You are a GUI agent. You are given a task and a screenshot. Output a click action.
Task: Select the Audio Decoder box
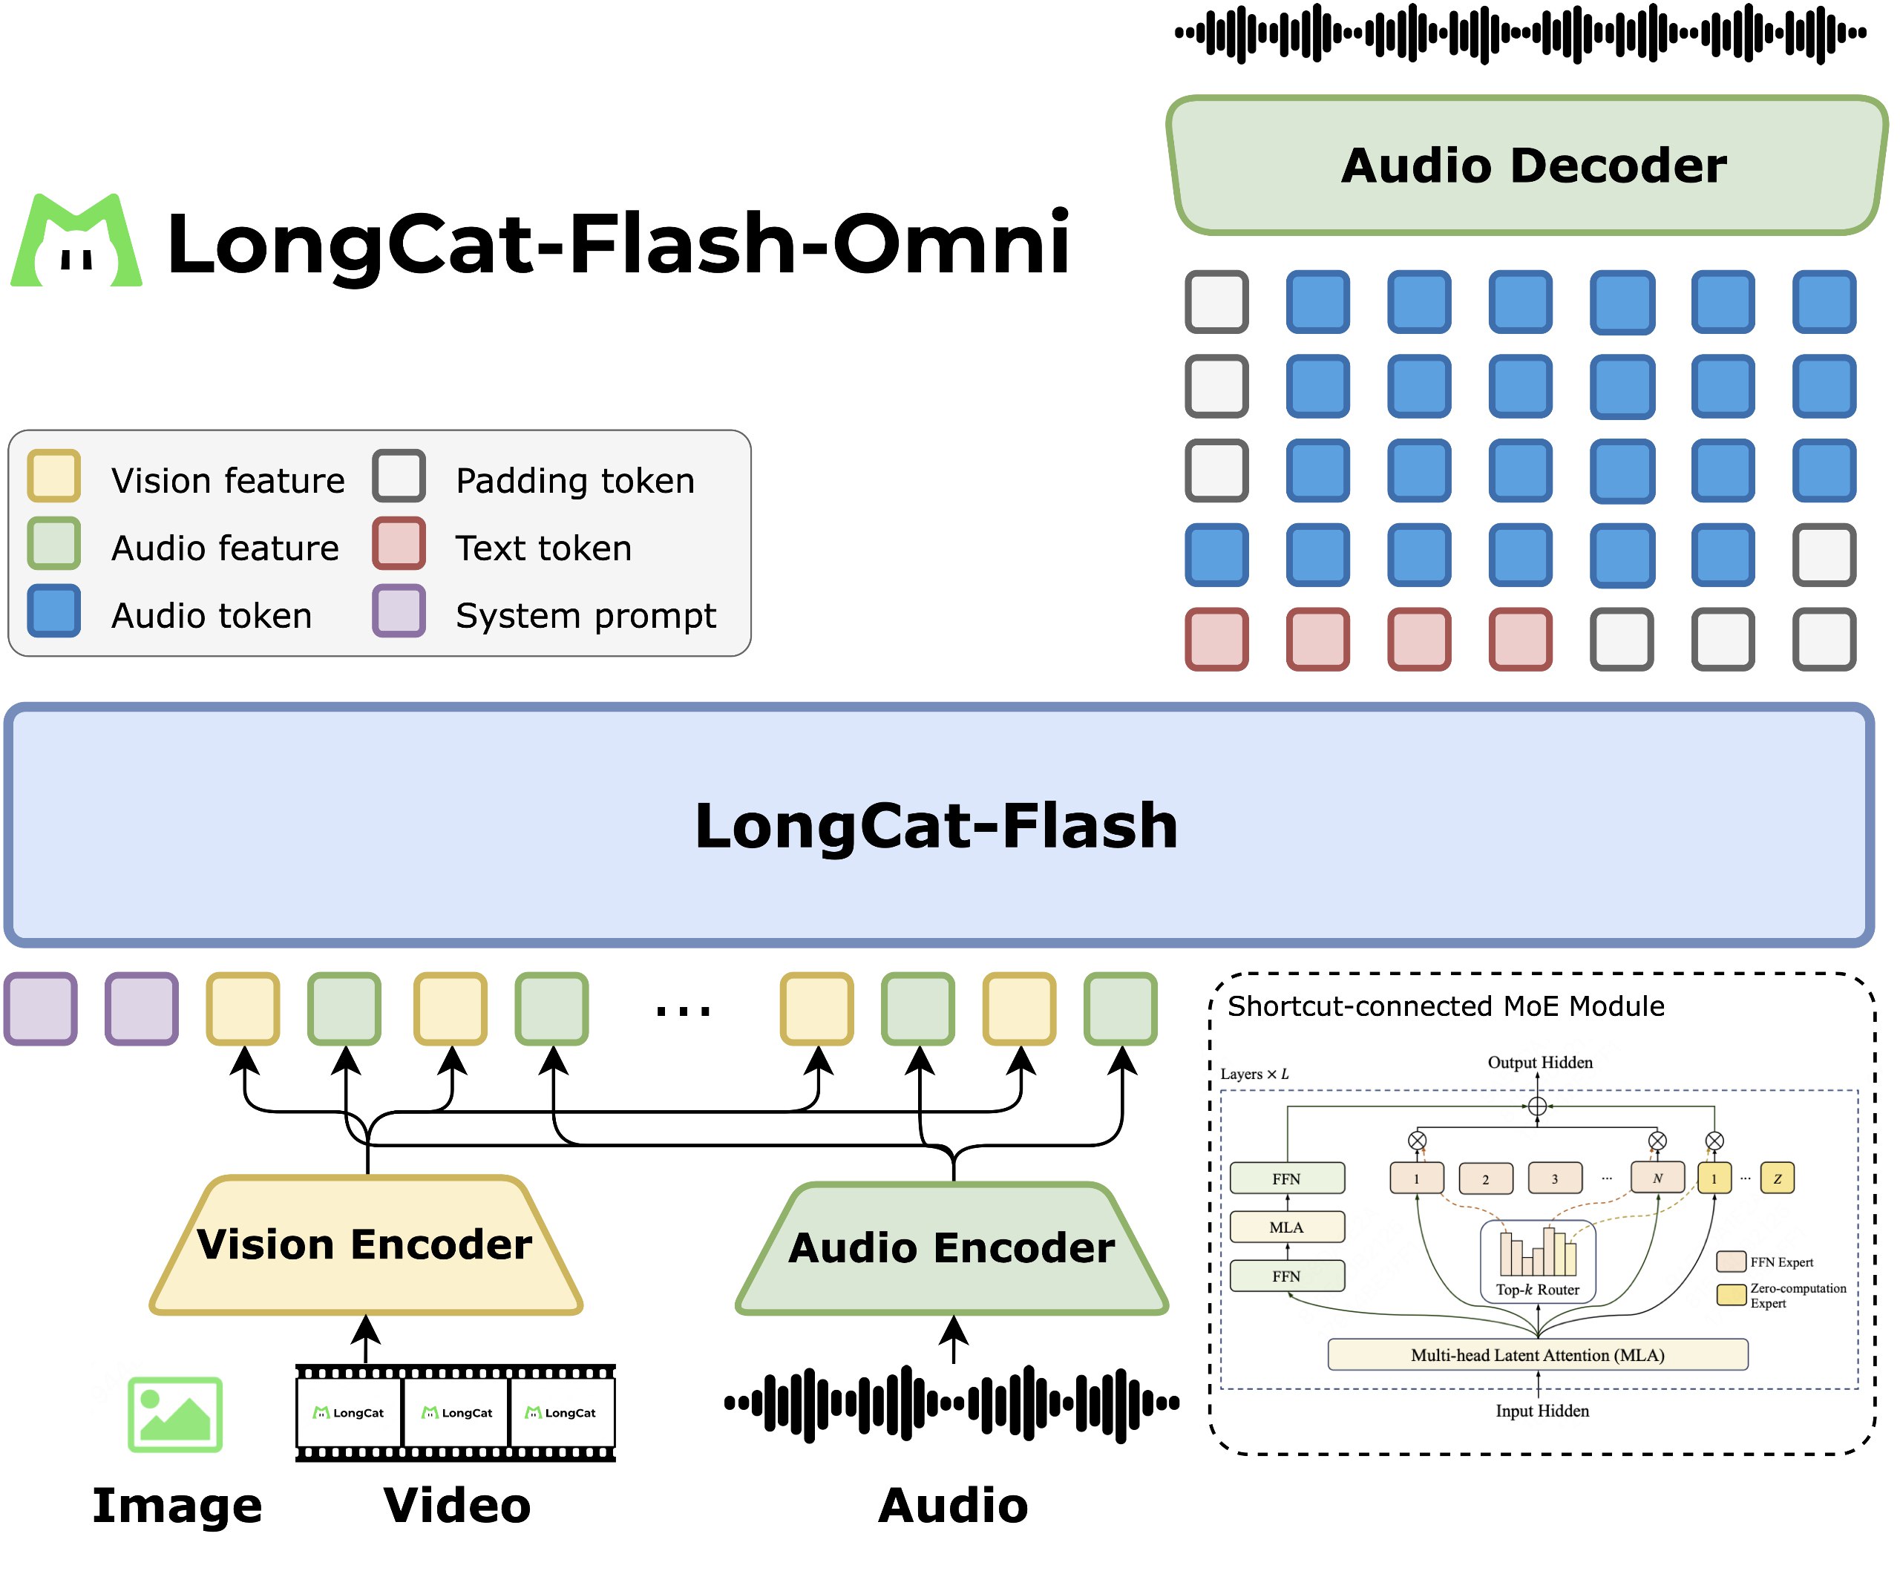[1529, 165]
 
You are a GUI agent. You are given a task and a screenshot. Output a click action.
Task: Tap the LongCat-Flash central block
[937, 825]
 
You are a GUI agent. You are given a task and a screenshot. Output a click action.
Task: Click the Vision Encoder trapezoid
[365, 1244]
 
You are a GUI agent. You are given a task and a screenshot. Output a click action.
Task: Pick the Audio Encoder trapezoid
[951, 1249]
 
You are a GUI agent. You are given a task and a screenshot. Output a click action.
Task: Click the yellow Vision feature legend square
[53, 476]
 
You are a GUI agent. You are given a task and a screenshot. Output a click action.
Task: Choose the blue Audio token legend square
[53, 611]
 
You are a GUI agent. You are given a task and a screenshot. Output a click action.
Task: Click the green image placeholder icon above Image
[175, 1414]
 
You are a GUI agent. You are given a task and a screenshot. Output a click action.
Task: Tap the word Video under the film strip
[457, 1506]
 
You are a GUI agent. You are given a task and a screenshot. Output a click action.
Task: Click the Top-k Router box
[1537, 1262]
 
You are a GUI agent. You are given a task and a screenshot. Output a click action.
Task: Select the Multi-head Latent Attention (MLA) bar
[1537, 1355]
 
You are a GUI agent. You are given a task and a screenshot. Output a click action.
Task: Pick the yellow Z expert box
[1777, 1178]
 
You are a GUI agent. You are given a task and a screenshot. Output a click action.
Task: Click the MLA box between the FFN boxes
[1286, 1227]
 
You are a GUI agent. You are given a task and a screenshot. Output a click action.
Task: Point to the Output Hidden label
[1540, 1063]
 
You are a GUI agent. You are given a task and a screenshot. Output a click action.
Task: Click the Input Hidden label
[1542, 1411]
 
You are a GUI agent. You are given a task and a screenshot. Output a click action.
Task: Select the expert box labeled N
[1657, 1178]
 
